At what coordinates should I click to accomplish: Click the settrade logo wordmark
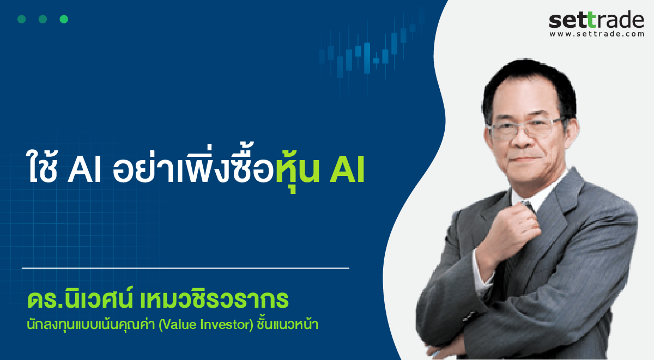point(596,20)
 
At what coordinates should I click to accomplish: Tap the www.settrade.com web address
point(597,34)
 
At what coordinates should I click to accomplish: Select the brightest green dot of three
point(64,19)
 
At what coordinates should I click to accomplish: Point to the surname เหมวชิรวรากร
point(214,300)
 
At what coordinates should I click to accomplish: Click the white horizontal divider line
point(185,268)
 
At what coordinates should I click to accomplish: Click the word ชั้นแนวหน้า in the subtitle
point(288,325)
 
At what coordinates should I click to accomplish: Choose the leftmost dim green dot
point(22,19)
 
